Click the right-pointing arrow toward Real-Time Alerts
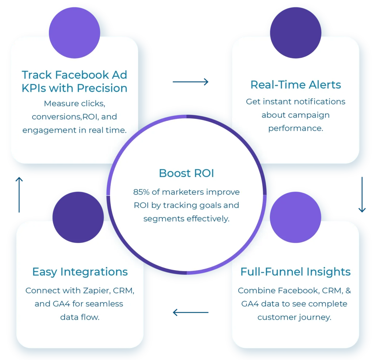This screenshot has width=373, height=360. coord(191,82)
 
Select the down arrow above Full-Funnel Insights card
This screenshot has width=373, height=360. coord(361,197)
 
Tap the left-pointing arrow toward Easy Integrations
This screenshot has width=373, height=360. coord(191,313)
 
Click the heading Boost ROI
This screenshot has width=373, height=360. coord(186,173)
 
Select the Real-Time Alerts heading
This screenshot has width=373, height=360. coord(296,85)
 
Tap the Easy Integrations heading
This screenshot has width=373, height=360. coord(80,272)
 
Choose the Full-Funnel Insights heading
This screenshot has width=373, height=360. coord(295,272)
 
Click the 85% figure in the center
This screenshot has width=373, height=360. coord(141,192)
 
